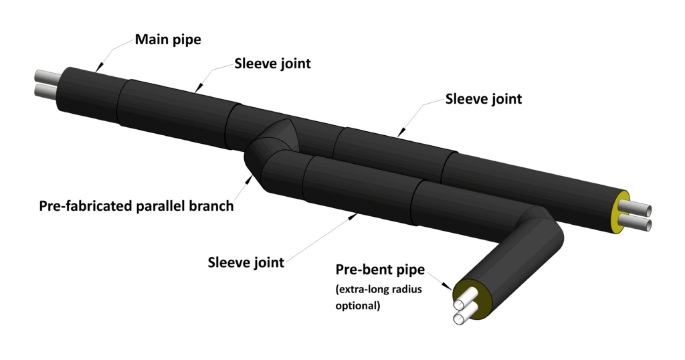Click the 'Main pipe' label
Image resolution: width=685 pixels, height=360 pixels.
168,39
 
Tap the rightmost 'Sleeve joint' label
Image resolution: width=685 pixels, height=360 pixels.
484,99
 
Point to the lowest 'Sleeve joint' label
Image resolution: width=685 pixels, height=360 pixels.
246,262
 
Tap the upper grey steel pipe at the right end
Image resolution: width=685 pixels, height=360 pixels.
642,207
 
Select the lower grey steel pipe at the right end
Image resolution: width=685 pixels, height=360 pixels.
640,221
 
